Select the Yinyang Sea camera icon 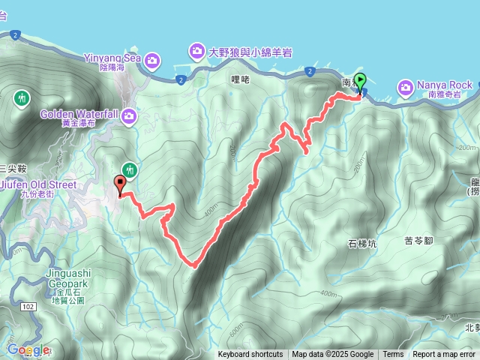[152, 59]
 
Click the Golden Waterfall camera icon [129, 115]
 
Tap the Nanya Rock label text [439, 85]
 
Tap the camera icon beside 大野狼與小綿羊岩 [196, 51]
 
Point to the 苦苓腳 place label [419, 240]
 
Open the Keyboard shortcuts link [250, 355]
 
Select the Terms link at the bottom [393, 355]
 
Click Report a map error [443, 355]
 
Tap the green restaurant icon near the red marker [130, 170]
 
